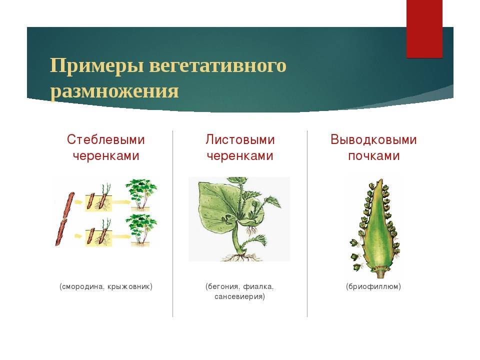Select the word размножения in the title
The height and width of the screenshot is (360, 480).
[x=114, y=91]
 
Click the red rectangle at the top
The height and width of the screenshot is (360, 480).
[x=424, y=29]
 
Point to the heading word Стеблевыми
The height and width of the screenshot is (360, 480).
[x=105, y=140]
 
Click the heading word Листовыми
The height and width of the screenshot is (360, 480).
[x=240, y=139]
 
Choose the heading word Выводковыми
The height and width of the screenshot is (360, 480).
[x=373, y=140]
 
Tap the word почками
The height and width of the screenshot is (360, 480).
[x=374, y=156]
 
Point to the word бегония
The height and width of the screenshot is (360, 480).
[x=222, y=286]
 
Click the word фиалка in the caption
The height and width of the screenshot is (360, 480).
[x=258, y=286]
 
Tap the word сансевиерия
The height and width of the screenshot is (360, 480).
[x=239, y=296]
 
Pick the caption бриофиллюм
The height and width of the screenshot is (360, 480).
[x=373, y=286]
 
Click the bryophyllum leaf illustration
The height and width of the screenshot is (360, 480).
[x=374, y=228]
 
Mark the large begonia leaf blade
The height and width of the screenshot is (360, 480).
[x=220, y=208]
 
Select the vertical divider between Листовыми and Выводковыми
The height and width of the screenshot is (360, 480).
[x=307, y=223]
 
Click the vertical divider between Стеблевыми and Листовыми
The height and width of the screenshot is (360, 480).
[x=172, y=223]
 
